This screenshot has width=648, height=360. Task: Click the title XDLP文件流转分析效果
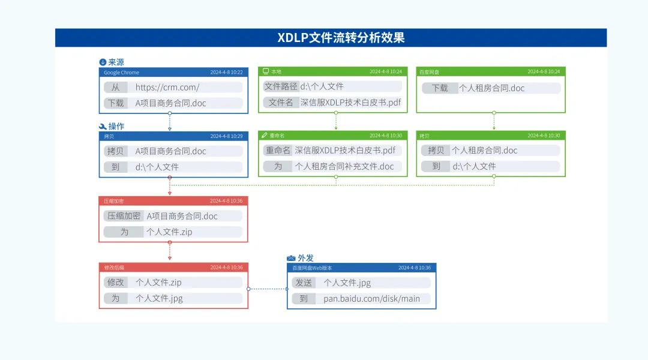(x=341, y=38)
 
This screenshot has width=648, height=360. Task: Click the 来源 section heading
(x=116, y=62)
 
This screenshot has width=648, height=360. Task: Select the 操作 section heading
(x=116, y=127)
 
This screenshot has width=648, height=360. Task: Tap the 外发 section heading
(x=305, y=258)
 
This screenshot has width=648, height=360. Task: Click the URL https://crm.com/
(x=167, y=88)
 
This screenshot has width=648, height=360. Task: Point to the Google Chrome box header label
(x=121, y=73)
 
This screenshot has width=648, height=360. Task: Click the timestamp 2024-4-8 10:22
(x=226, y=73)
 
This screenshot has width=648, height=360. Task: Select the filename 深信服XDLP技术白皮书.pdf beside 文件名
(x=350, y=103)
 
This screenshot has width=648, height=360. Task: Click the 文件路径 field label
(x=281, y=86)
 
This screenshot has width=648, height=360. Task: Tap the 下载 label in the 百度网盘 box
(x=440, y=88)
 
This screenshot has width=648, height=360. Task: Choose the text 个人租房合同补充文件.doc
(x=344, y=166)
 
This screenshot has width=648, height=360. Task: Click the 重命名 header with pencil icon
(x=277, y=136)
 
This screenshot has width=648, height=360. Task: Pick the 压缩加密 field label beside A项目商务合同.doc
(x=124, y=216)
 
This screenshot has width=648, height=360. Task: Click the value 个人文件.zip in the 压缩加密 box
(x=169, y=232)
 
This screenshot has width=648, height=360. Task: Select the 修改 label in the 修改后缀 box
(x=116, y=282)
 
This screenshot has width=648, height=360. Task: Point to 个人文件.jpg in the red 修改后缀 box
(x=159, y=298)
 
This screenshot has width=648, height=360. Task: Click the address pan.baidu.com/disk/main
(x=371, y=298)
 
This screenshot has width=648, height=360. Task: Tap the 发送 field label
(x=304, y=283)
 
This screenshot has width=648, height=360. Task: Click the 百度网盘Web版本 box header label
(x=312, y=268)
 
